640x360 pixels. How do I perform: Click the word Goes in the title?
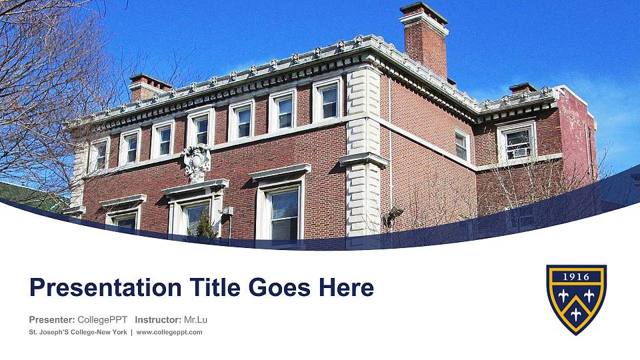[x=280, y=288]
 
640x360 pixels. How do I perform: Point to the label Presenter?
[x=51, y=319]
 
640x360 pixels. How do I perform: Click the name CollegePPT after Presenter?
[x=102, y=319]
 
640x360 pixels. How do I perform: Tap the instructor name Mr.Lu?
[x=195, y=319]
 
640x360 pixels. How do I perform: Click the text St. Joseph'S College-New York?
[x=78, y=332]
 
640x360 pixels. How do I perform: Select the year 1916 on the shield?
[x=576, y=276]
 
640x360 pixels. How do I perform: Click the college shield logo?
[x=576, y=299]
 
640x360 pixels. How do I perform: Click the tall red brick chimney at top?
[x=425, y=40]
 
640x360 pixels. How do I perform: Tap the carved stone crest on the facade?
[x=197, y=161]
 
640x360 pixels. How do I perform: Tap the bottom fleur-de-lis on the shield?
[x=576, y=313]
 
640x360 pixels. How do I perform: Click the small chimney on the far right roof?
[x=523, y=87]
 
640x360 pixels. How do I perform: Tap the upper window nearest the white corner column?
[x=328, y=100]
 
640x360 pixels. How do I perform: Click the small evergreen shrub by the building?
[x=206, y=225]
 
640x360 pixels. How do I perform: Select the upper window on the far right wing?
[x=517, y=142]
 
